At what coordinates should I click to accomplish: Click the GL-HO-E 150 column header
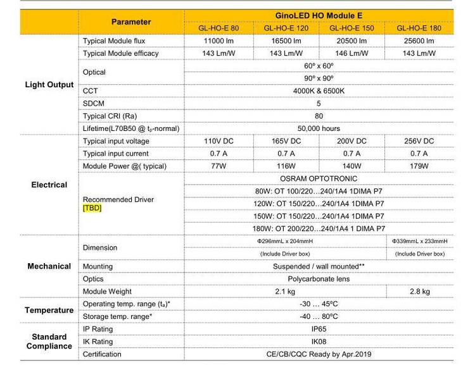[x=351, y=28]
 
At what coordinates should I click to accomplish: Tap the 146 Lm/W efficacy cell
[x=351, y=53]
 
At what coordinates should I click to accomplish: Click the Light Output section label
[x=49, y=85]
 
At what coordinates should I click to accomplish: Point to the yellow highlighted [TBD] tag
[x=92, y=208]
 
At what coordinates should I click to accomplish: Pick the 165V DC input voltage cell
[x=286, y=141]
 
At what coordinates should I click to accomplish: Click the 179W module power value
[x=419, y=166]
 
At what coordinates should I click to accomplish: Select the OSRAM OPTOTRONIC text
[x=319, y=179]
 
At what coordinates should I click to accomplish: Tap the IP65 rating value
[x=319, y=330]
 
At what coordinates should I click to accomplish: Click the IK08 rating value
[x=319, y=342]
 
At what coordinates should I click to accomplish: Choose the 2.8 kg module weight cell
[x=419, y=292]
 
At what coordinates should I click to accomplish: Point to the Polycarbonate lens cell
[x=319, y=279]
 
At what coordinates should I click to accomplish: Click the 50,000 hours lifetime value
[x=319, y=128]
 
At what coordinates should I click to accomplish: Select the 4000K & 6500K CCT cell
[x=319, y=91]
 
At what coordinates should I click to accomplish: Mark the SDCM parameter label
[x=94, y=104]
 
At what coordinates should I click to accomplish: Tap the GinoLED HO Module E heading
[x=319, y=15]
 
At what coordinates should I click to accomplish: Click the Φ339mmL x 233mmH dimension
[x=419, y=241]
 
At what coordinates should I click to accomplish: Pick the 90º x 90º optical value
[x=319, y=78]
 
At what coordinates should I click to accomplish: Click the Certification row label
[x=102, y=355]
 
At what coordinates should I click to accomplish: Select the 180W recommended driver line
[x=319, y=228]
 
